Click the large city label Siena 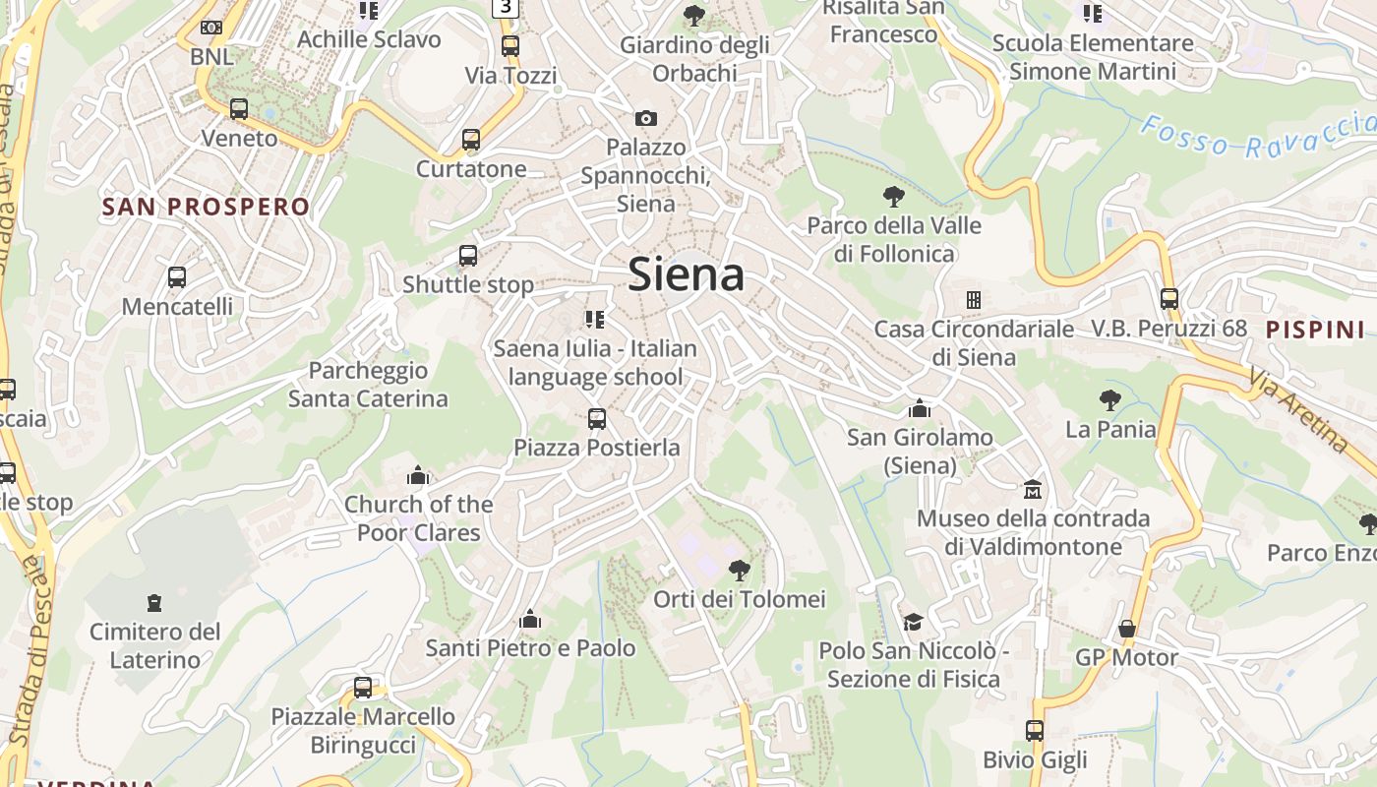coord(686,273)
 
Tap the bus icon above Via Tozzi coord(509,46)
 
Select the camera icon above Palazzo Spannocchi coord(645,118)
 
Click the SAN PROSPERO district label coord(206,207)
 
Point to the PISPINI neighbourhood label coord(1315,330)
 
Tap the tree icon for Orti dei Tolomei coord(739,570)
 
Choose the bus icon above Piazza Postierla coord(596,419)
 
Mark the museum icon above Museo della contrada coord(1033,489)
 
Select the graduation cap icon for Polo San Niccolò coord(913,622)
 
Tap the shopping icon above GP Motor coord(1126,628)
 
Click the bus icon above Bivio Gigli coord(1035,730)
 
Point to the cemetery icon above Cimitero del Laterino coord(153,602)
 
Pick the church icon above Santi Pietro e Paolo coord(530,619)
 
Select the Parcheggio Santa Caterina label coord(368,385)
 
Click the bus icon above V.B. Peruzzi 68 coord(1168,298)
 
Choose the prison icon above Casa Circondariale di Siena coord(973,299)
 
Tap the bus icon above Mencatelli coord(177,277)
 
